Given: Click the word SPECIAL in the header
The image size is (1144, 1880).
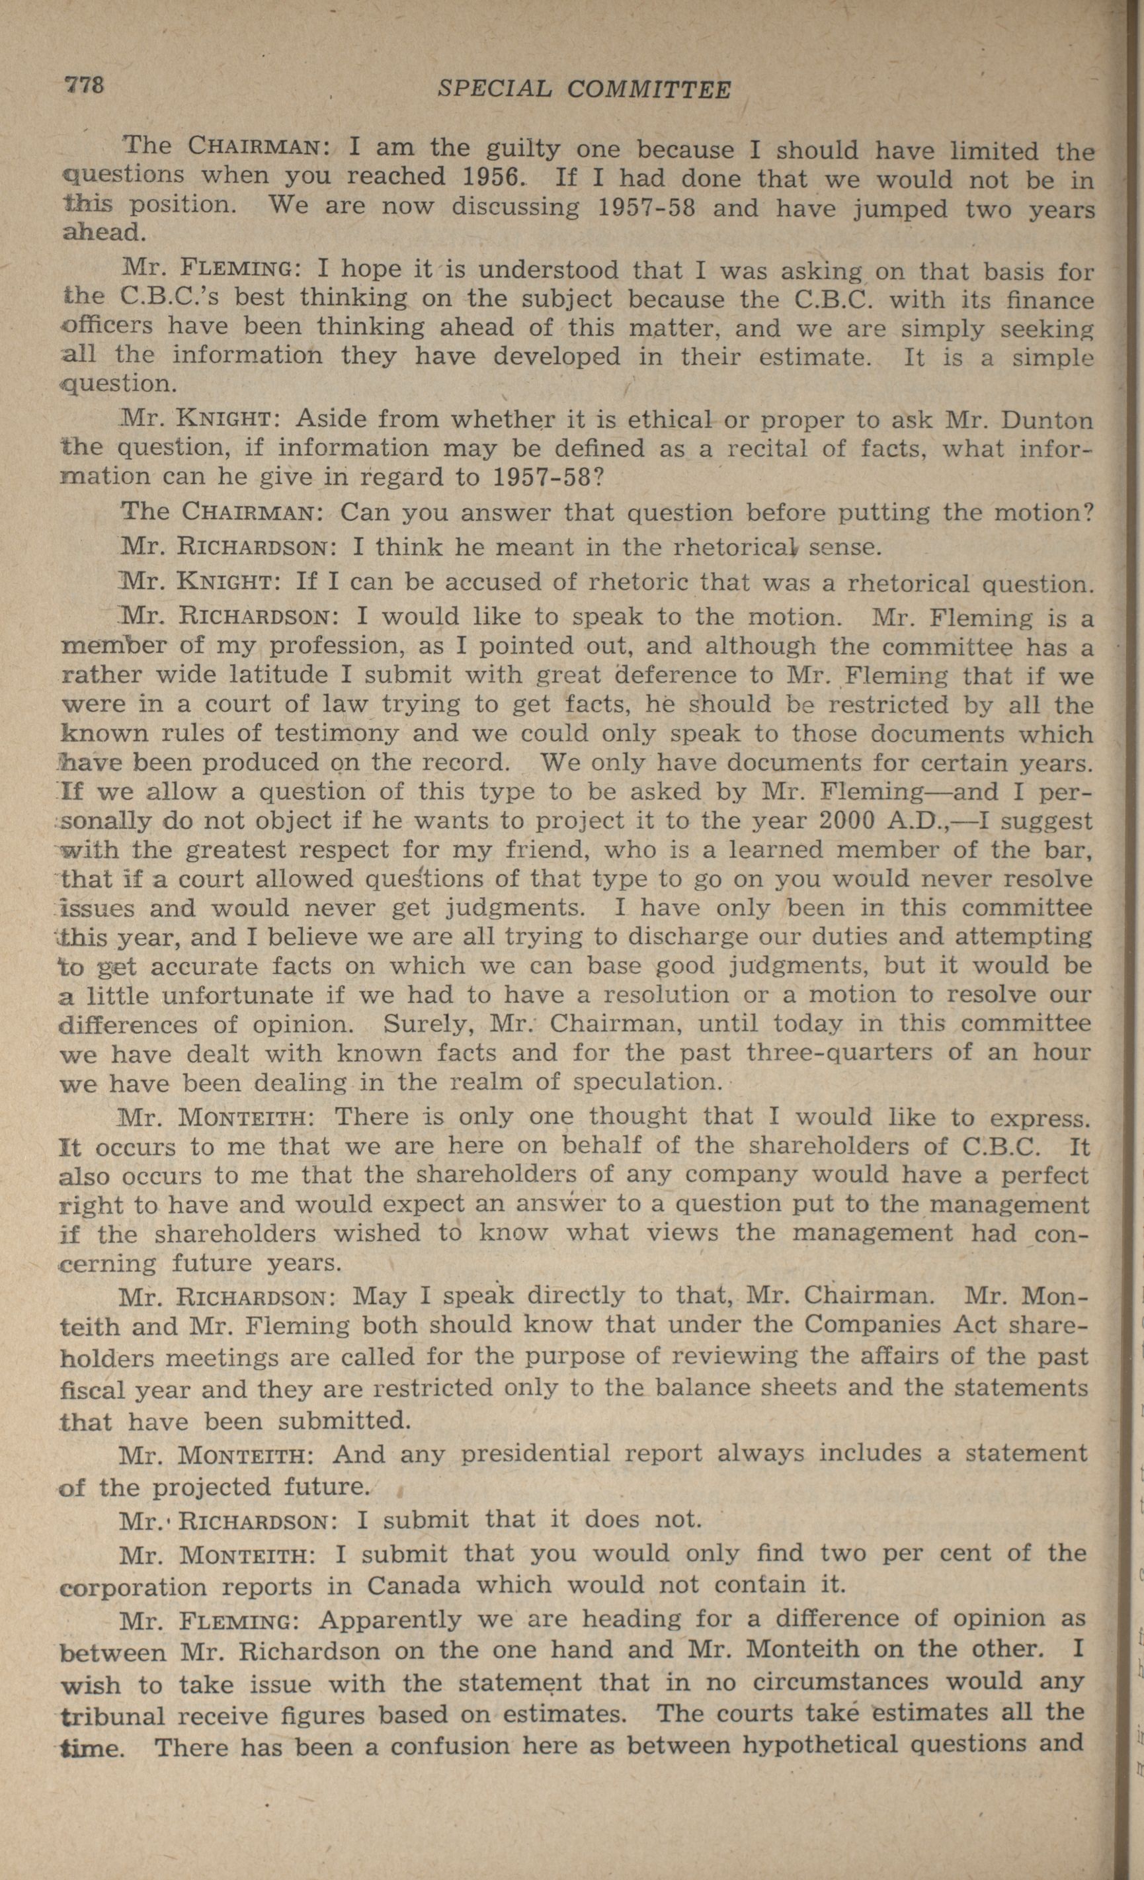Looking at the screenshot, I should coord(494,89).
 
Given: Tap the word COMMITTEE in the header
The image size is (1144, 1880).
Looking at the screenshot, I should coord(649,90).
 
